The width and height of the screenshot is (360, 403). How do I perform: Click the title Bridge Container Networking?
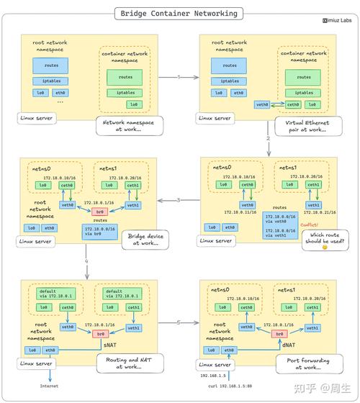pyautogui.click(x=179, y=13)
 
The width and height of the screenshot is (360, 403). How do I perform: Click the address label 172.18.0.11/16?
pyautogui.click(x=239, y=212)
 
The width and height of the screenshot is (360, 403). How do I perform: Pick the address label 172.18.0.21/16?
pyautogui.click(x=321, y=213)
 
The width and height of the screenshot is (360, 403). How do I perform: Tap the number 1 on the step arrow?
pyautogui.click(x=179, y=76)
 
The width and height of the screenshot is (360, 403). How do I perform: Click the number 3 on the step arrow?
pyautogui.click(x=179, y=199)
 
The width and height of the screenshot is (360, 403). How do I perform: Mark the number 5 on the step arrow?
pyautogui.click(x=179, y=322)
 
